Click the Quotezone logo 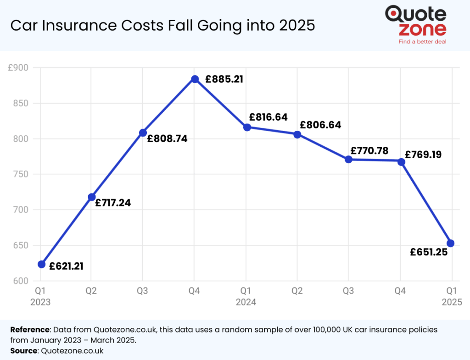[415, 21]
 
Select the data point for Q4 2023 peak [195, 79]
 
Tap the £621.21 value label [67, 266]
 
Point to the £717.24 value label [113, 202]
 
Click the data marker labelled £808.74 [143, 133]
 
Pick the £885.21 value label [224, 79]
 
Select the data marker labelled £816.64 [247, 127]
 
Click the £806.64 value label [320, 125]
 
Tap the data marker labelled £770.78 [349, 159]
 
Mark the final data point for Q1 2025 [451, 243]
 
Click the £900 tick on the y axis [18, 68]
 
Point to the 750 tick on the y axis [19, 174]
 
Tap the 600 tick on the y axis [19, 281]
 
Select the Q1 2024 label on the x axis [246, 296]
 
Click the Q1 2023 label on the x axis [40, 296]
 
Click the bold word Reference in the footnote [30, 330]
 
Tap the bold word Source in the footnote [24, 351]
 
